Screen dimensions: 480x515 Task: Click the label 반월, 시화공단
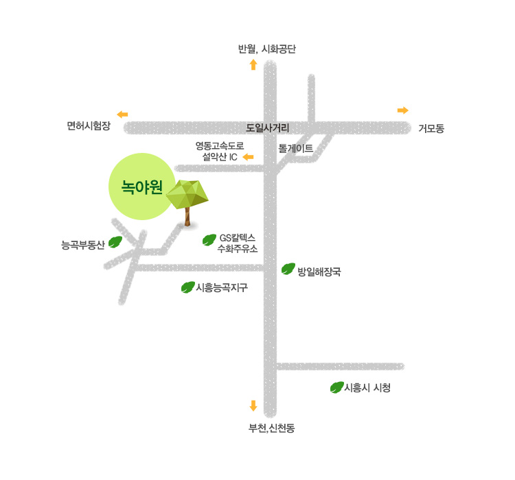(x=266, y=49)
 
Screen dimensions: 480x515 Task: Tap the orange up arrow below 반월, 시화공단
(x=253, y=65)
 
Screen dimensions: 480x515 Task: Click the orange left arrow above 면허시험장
(x=122, y=114)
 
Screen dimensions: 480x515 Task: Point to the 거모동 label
(x=431, y=128)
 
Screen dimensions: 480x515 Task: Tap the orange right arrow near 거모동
(x=403, y=110)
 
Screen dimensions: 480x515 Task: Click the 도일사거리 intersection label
(x=268, y=128)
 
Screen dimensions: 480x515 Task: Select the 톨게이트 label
(x=296, y=148)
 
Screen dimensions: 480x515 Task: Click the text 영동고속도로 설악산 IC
(x=219, y=152)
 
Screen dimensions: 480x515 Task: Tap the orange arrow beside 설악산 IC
(x=249, y=158)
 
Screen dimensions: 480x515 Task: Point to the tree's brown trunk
(x=186, y=216)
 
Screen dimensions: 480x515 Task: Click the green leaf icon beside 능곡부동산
(x=115, y=242)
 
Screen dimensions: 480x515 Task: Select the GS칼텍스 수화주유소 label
(x=237, y=243)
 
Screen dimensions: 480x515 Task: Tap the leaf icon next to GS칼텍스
(x=209, y=240)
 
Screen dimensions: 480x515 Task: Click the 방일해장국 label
(x=319, y=272)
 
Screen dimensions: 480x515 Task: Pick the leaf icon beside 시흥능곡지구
(x=187, y=287)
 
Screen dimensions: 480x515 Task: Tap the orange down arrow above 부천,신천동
(x=253, y=406)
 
